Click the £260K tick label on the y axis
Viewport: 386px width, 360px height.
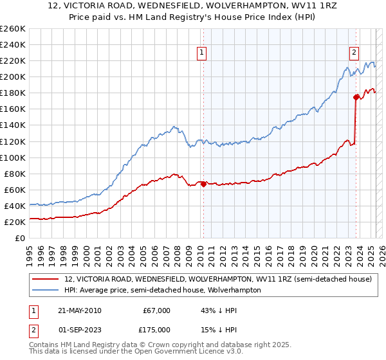click(13, 28)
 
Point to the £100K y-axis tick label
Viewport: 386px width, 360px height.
click(13, 157)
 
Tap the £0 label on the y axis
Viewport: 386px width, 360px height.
click(20, 239)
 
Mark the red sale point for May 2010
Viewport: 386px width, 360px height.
click(203, 184)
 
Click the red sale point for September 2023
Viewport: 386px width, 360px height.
click(356, 97)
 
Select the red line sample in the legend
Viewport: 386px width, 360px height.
click(46, 280)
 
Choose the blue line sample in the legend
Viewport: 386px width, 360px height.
click(46, 290)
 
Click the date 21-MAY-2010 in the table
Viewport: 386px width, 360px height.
click(80, 310)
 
